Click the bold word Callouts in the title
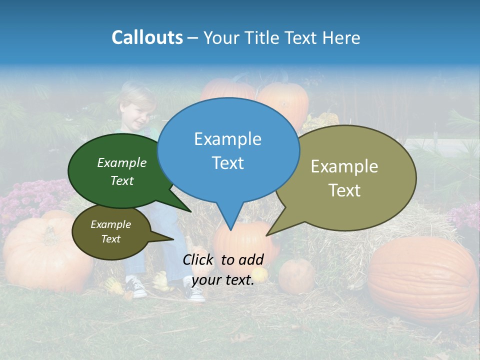coord(147,38)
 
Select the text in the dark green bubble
coord(122,171)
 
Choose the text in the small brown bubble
coord(110,231)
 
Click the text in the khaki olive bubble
coord(344,178)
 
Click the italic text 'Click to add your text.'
coord(223,269)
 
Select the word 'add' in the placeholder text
coord(251,259)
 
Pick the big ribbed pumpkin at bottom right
coord(422,277)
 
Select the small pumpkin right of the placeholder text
coord(296,276)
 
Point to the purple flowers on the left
coord(30,200)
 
